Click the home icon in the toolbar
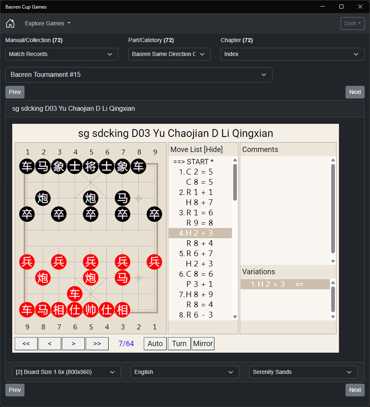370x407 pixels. point(10,23)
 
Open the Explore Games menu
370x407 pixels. point(48,23)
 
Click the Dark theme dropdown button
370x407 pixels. point(352,23)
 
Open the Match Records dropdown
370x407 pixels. point(62,54)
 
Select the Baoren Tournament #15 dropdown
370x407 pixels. point(139,75)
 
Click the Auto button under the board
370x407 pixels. point(155,344)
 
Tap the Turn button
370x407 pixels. point(179,344)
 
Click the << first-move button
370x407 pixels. point(26,344)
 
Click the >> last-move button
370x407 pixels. point(97,344)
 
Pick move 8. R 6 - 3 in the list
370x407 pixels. point(196,315)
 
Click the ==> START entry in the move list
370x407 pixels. point(193,162)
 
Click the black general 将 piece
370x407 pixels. point(91,166)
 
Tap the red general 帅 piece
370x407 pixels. point(91,310)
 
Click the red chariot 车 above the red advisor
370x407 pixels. point(75,294)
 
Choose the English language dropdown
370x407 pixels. point(185,372)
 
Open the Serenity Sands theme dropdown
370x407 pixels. point(303,372)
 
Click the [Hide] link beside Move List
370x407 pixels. point(213,150)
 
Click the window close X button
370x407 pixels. point(360,7)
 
